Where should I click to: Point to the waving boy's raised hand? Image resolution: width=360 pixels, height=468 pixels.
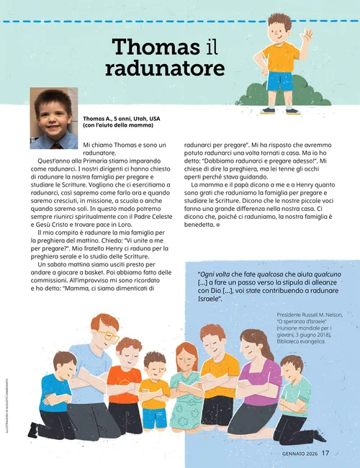[307, 35]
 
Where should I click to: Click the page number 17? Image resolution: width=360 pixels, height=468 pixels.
[325, 453]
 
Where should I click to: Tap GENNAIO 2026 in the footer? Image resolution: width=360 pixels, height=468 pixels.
[294, 454]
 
